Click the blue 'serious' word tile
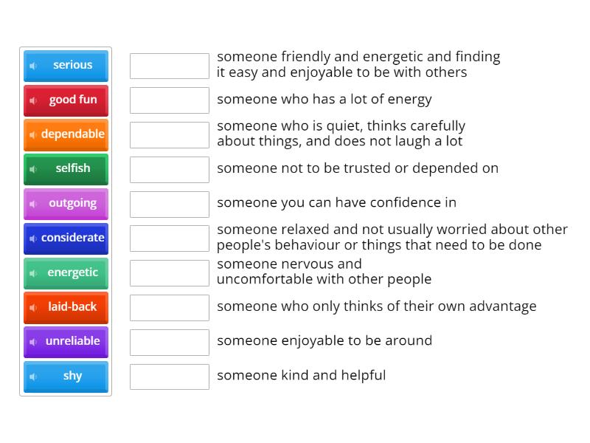coord(66,65)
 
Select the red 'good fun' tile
coord(66,100)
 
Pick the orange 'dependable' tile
coord(66,134)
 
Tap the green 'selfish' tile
coord(66,168)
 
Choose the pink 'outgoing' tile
coord(66,203)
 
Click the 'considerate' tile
coord(66,238)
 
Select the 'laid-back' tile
coord(66,306)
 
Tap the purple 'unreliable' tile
coord(66,341)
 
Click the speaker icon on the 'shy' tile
coord(33,377)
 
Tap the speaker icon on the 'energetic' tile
coord(33,273)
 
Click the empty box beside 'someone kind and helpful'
coord(170,377)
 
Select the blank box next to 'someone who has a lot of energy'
coord(170,100)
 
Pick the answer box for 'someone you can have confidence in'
coord(170,204)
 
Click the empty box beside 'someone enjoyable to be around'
coord(170,342)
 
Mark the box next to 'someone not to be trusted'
coord(170,169)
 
